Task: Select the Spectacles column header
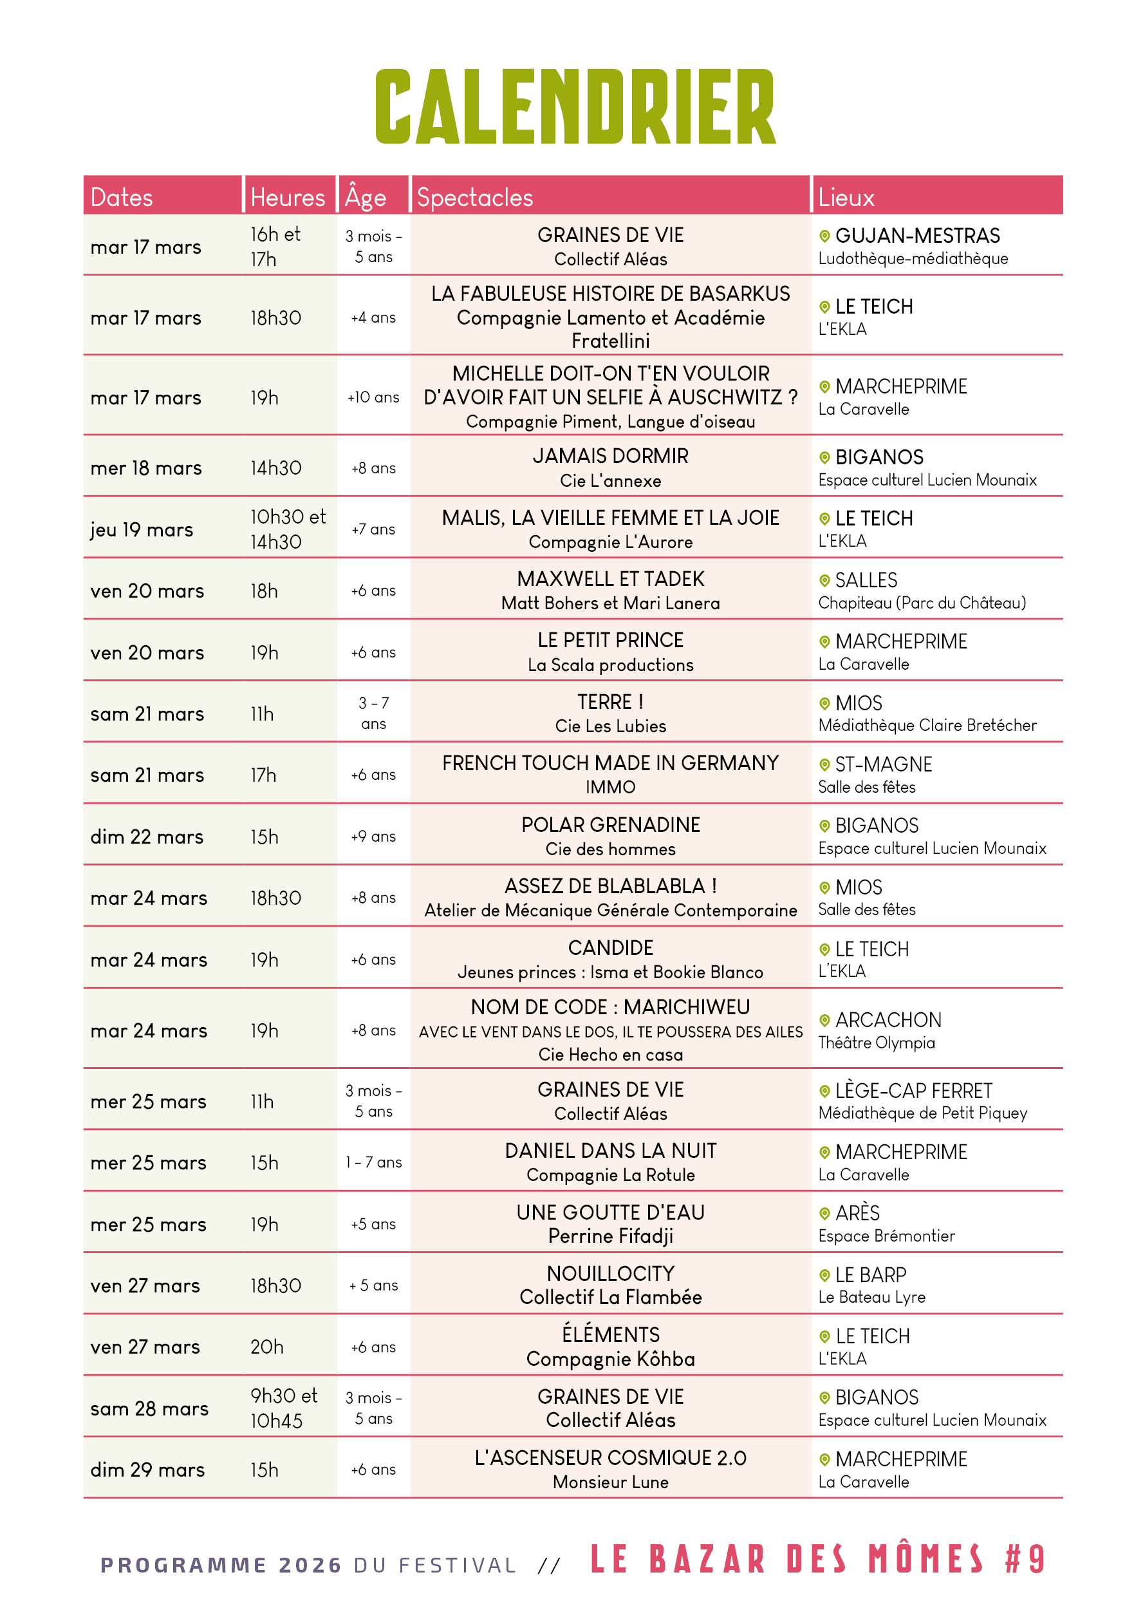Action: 474,198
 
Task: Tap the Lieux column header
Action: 846,198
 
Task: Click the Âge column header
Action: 365,198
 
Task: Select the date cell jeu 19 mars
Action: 142,530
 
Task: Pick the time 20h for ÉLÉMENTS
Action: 267,1347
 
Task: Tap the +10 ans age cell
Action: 373,398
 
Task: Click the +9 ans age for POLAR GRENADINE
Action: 373,836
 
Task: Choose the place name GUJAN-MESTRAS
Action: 917,236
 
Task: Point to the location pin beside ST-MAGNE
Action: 824,764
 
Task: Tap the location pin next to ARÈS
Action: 824,1214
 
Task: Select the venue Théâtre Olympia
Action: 876,1043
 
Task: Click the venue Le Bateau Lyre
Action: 871,1297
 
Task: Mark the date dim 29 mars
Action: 147,1470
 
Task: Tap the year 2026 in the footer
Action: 310,1565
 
